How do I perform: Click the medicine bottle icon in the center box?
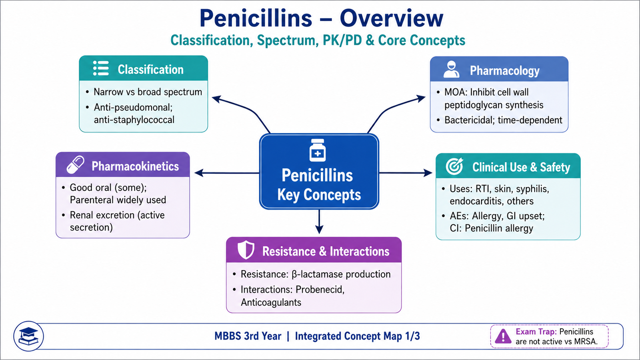point(318,150)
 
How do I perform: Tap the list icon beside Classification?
point(101,68)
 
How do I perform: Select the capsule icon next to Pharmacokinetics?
point(76,165)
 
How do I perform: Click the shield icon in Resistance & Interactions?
point(246,250)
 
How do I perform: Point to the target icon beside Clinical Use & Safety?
point(454,166)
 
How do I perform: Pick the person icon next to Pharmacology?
point(452,69)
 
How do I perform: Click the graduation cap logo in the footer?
point(28,336)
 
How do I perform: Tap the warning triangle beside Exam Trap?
point(503,336)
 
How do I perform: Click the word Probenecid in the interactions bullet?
point(320,290)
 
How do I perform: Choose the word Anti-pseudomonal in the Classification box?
point(133,108)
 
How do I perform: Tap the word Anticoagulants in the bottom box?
point(271,302)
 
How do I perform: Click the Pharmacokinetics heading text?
point(135,166)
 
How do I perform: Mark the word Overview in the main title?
point(392,18)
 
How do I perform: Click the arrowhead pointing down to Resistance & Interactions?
point(319,229)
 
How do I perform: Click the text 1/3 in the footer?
point(412,336)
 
